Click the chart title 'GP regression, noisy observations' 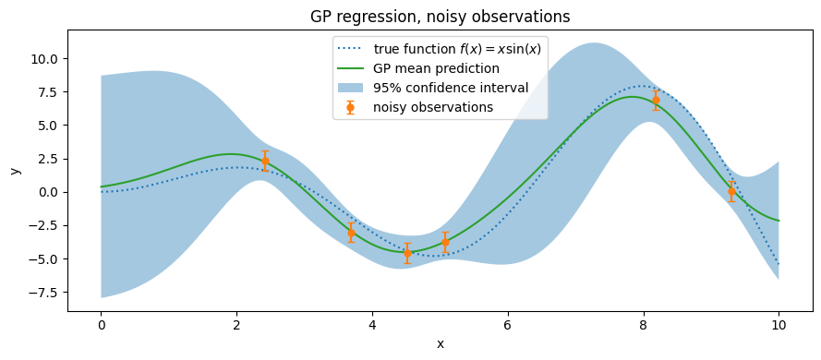tap(440, 17)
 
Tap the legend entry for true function tap(440, 49)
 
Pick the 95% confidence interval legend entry tap(433, 88)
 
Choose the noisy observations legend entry tap(416, 107)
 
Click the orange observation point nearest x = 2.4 tap(265, 162)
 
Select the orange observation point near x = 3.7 tap(351, 233)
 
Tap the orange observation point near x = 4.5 tap(407, 253)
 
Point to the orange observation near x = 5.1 tap(445, 242)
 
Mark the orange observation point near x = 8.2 tap(656, 100)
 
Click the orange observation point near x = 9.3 tap(731, 191)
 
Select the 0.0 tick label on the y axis tap(50, 193)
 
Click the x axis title tap(441, 344)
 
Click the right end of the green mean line tap(779, 221)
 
